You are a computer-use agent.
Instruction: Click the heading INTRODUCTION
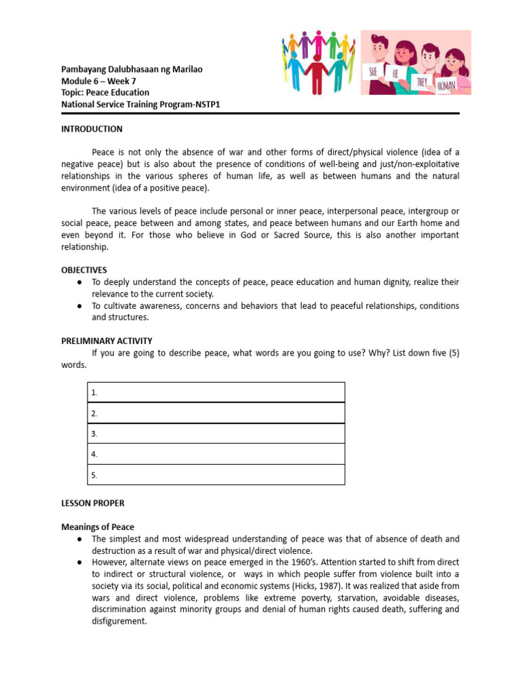point(92,129)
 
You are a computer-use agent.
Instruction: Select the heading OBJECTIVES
point(84,270)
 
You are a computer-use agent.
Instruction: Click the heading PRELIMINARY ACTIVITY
point(107,341)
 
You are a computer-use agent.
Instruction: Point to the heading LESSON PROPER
point(93,504)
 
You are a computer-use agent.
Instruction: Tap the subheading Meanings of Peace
point(98,527)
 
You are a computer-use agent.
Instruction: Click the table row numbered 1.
point(216,392)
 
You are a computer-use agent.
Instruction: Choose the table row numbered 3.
point(216,434)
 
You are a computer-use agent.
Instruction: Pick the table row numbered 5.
point(216,475)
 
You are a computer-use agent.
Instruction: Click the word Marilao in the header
point(187,69)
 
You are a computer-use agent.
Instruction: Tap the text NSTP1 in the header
point(205,104)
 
